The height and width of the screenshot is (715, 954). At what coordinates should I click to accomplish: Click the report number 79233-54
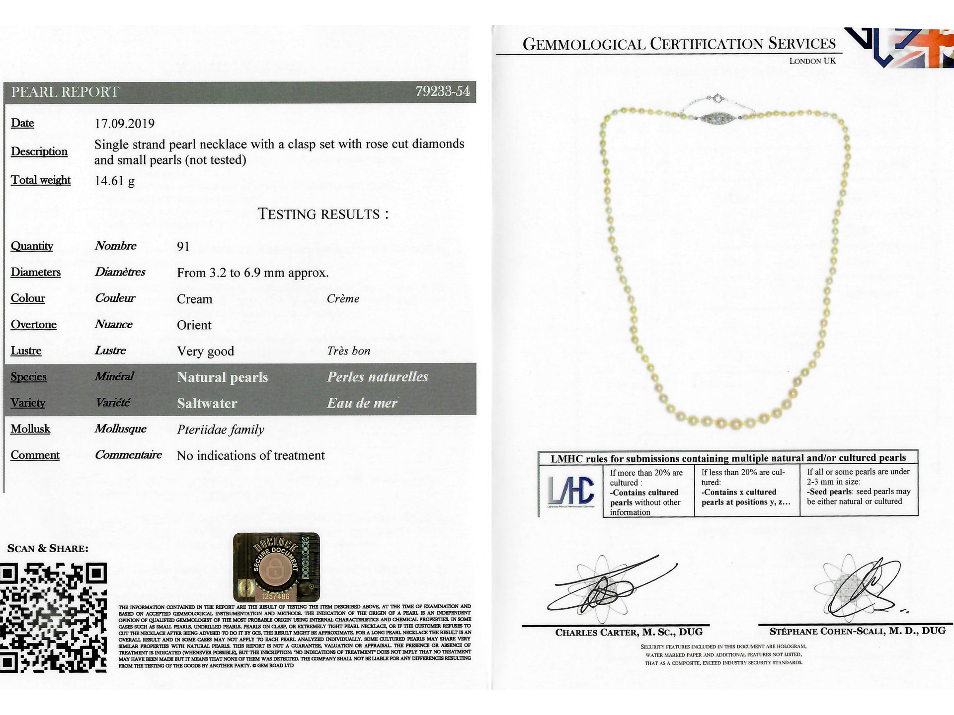442,91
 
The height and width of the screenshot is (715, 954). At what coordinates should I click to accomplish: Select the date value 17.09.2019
125,124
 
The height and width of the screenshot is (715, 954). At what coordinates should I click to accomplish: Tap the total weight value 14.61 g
114,181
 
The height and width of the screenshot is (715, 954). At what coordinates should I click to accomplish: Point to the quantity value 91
183,247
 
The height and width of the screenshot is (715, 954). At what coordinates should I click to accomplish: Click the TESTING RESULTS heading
323,214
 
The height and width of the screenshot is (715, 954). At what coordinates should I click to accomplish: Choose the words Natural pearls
222,377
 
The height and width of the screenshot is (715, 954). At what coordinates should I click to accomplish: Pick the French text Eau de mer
362,403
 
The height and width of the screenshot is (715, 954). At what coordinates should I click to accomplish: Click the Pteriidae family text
220,429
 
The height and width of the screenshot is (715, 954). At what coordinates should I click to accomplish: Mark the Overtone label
34,325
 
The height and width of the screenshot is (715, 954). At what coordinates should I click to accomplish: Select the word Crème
343,299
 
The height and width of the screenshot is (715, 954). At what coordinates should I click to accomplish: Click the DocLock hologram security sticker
276,567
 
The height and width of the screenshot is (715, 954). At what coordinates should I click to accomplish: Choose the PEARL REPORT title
65,92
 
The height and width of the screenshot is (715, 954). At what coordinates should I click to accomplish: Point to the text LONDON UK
812,61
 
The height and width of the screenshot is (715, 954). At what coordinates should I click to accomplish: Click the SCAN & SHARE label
48,549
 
